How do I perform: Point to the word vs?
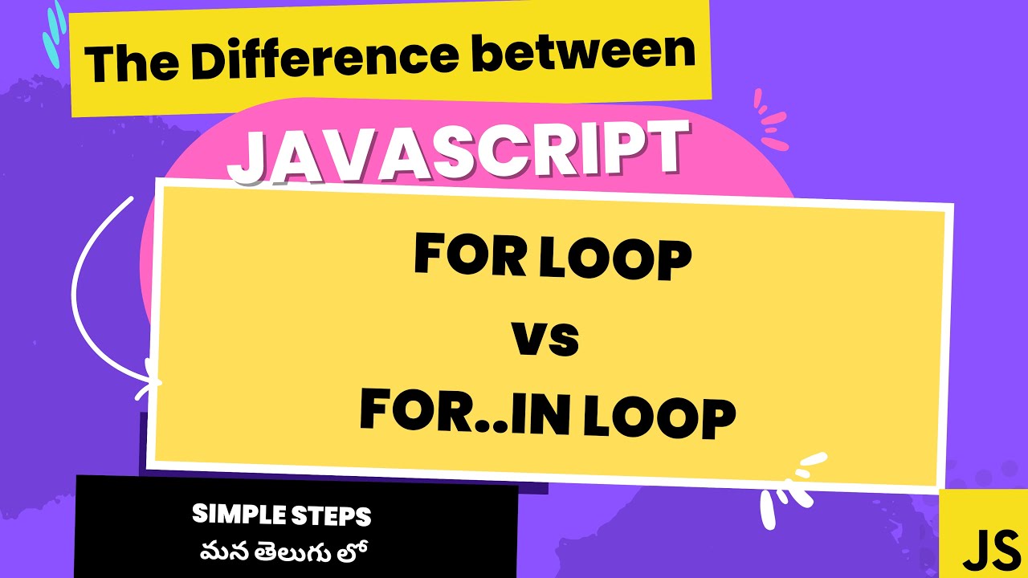click(x=545, y=338)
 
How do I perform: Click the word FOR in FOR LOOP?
click(x=463, y=256)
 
